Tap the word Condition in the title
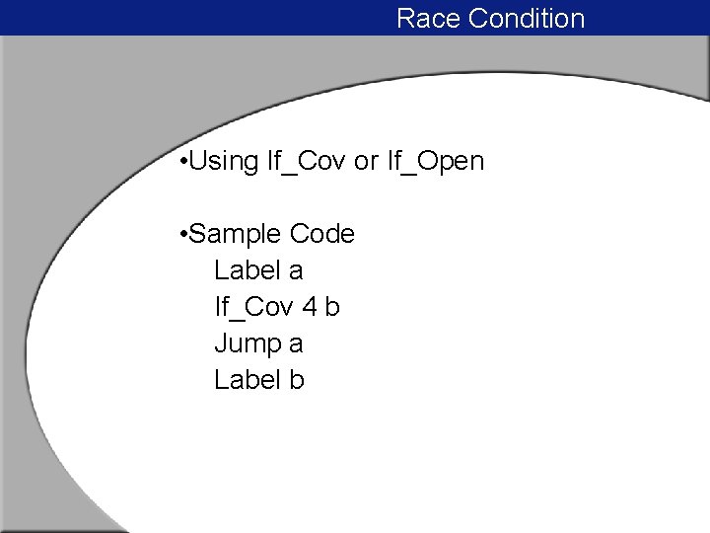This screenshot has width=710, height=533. pos(527,19)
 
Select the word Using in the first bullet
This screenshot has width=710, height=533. pos(224,162)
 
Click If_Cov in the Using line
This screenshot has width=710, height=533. pos(307,162)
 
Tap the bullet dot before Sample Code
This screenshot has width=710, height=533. pos(185,235)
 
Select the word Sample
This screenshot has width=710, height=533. pos(236,235)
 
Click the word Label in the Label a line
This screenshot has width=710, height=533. pos(245,270)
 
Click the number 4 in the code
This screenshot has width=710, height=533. pos(310,307)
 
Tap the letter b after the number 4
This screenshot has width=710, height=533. pos(332,307)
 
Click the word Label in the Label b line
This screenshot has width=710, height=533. pos(245,380)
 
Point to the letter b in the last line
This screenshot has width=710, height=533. pos(296,380)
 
